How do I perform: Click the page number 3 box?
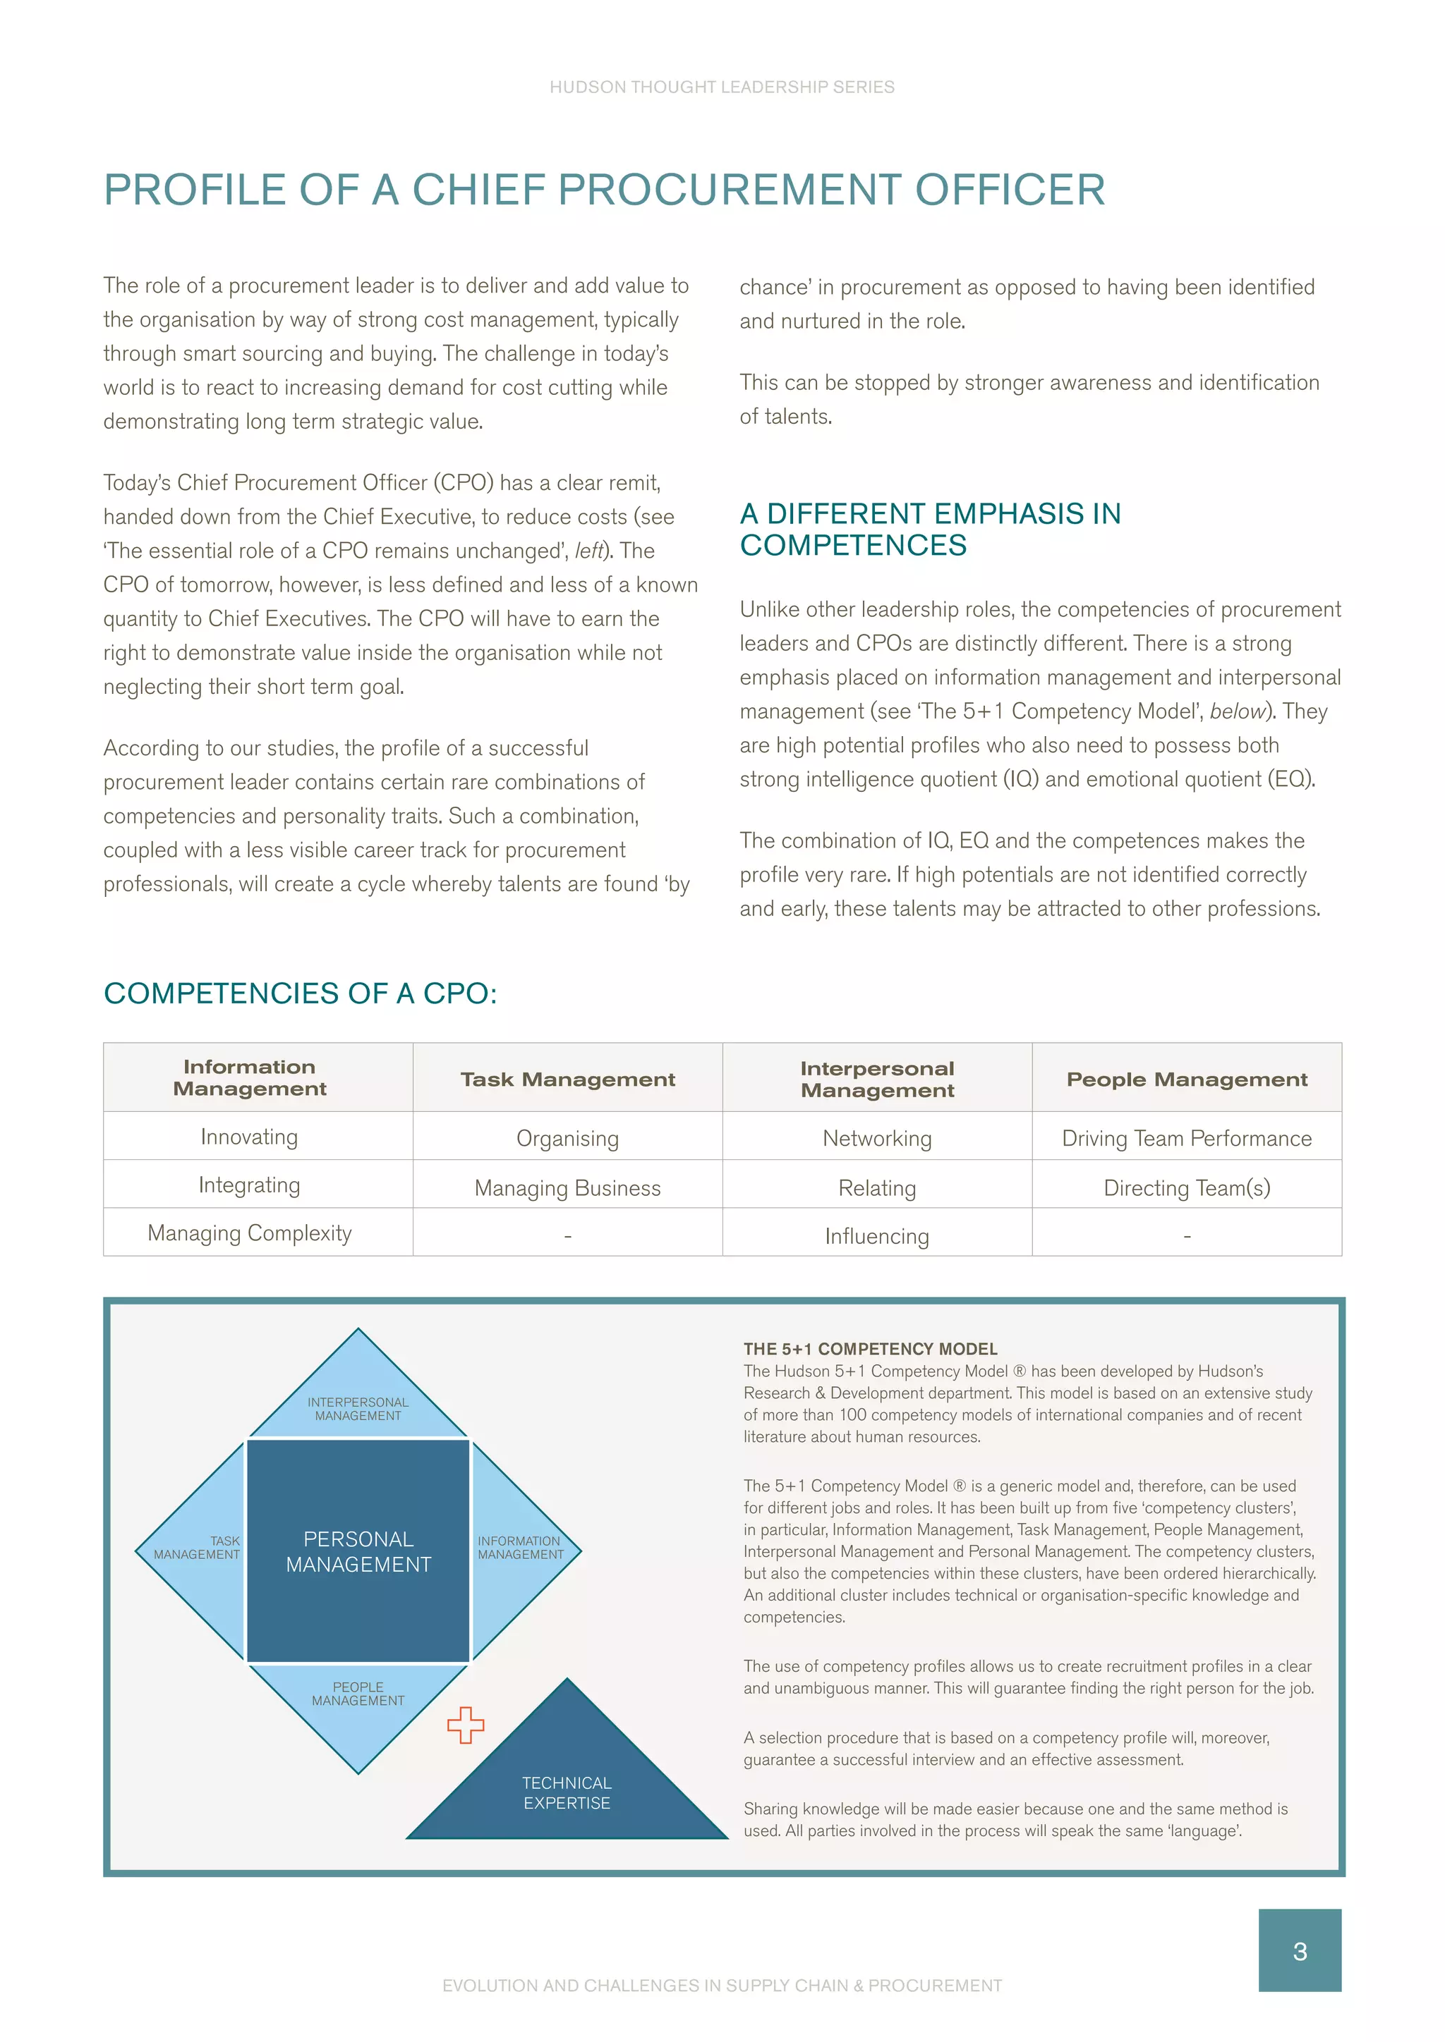[x=1299, y=1950]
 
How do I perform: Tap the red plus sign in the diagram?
[x=466, y=1725]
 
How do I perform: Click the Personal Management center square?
[x=358, y=1551]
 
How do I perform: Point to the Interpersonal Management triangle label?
[x=358, y=1409]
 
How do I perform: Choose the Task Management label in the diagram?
[x=198, y=1548]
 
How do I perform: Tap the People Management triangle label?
[x=358, y=1694]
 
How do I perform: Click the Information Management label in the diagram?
[x=521, y=1548]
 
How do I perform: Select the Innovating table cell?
[x=249, y=1137]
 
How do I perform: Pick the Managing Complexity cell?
[x=249, y=1233]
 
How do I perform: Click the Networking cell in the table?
[x=876, y=1138]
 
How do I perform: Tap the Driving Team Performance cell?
[x=1186, y=1138]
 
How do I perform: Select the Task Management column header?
[x=568, y=1079]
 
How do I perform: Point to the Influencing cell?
[x=876, y=1236]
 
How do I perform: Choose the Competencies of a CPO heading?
[x=300, y=994]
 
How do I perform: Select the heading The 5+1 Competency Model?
[x=870, y=1349]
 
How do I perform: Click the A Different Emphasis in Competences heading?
[x=930, y=529]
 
